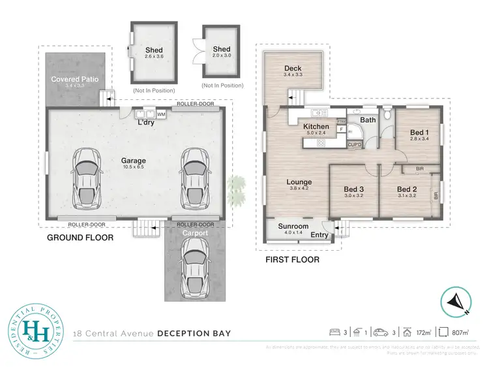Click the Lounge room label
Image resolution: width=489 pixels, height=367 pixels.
299,182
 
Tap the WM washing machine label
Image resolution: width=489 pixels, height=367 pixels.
160,115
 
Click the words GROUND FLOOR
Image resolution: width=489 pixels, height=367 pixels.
80,238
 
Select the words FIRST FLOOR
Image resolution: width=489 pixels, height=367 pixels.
292,259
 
